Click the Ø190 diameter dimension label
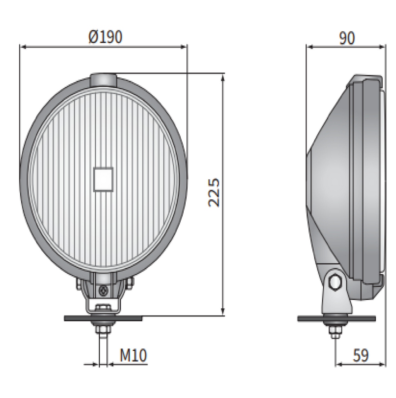point(105,37)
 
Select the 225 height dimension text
point(214,192)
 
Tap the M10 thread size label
point(133,355)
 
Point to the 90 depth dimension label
point(346,38)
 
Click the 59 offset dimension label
point(360,355)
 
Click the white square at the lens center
point(103,179)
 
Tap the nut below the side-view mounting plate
point(335,332)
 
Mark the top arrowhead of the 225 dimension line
point(223,78)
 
